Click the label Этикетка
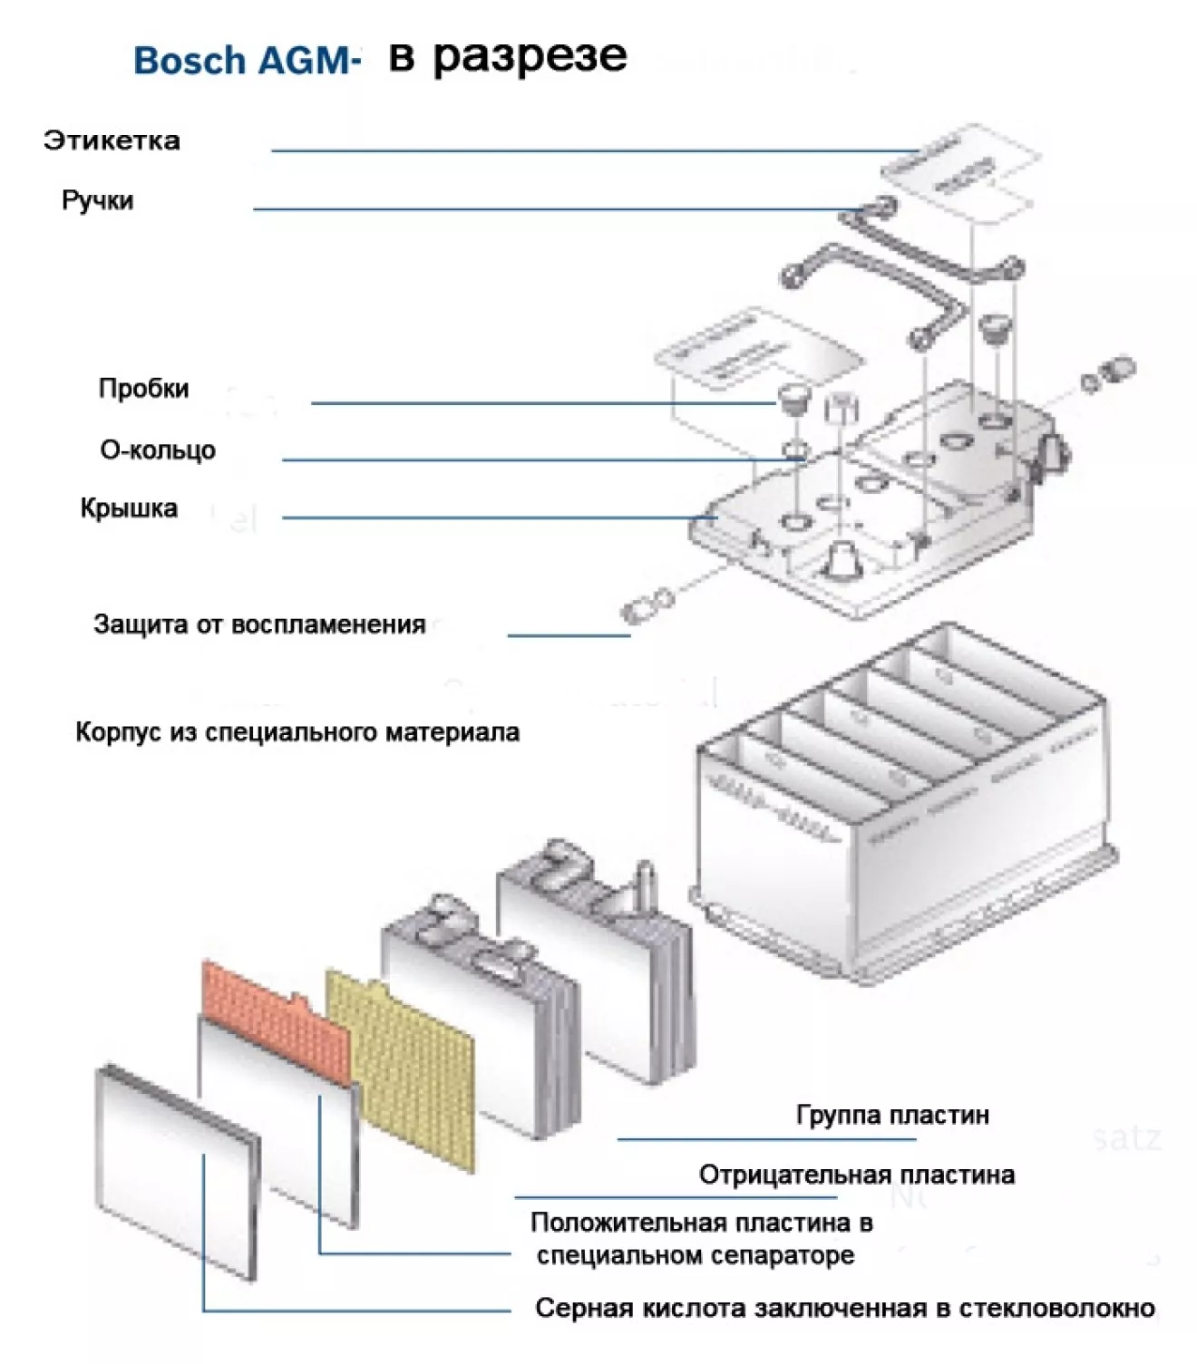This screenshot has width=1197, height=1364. (112, 140)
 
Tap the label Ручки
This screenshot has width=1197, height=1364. (97, 200)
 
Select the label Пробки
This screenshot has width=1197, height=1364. (143, 389)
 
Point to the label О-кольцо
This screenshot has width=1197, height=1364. (158, 450)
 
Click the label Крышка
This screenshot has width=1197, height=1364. (129, 508)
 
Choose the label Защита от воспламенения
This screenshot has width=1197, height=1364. (259, 624)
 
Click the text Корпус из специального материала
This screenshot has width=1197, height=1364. (297, 732)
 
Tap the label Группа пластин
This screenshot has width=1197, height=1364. (892, 1115)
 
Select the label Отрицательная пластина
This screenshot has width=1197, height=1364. (856, 1175)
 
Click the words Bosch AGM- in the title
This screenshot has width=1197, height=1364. (247, 61)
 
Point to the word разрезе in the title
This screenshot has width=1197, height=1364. (530, 57)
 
